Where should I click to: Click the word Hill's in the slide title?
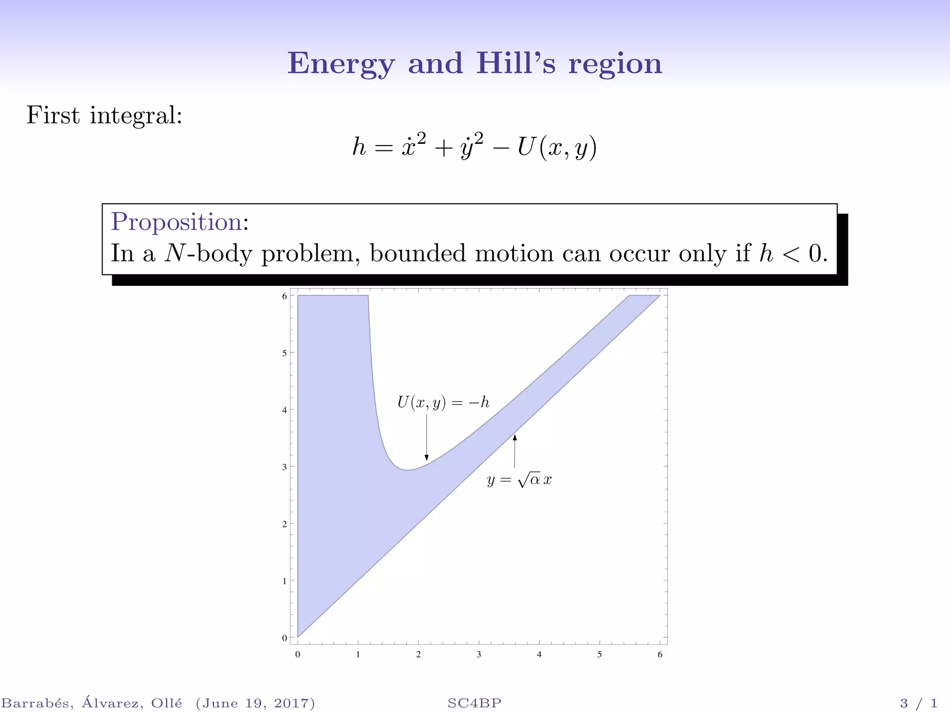pyautogui.click(x=515, y=63)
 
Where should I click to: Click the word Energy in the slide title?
pyautogui.click(x=341, y=64)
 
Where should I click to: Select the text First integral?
pyautogui.click(x=104, y=115)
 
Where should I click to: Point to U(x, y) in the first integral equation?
pyautogui.click(x=557, y=147)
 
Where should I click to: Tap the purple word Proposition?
pyautogui.click(x=176, y=221)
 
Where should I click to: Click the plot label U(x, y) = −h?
pyautogui.click(x=443, y=402)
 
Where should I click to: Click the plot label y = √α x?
pyautogui.click(x=519, y=480)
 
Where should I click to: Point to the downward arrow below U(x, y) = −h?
pyautogui.click(x=427, y=437)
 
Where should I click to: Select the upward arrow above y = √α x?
pyautogui.click(x=514, y=451)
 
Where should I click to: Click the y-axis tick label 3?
pyautogui.click(x=284, y=467)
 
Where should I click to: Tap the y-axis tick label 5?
pyautogui.click(x=284, y=353)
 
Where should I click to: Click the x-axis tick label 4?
pyautogui.click(x=539, y=655)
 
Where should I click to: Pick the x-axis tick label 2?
pyautogui.click(x=418, y=655)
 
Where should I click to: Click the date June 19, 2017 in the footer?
pyautogui.click(x=255, y=703)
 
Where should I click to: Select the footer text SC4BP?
pyautogui.click(x=475, y=703)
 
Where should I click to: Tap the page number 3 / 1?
pyautogui.click(x=918, y=703)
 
